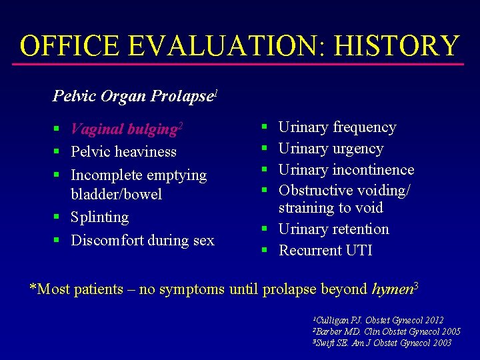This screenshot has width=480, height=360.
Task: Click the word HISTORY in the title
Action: pyautogui.click(x=397, y=46)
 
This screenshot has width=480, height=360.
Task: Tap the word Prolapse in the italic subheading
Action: pyautogui.click(x=181, y=96)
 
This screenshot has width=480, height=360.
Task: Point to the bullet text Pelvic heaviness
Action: pyautogui.click(x=123, y=151)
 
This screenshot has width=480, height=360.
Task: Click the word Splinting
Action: pyautogui.click(x=99, y=217)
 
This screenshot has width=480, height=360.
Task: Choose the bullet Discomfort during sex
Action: pyautogui.click(x=143, y=240)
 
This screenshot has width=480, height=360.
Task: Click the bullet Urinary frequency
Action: pyautogui.click(x=337, y=127)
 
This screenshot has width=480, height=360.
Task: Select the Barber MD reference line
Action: pyautogui.click(x=386, y=331)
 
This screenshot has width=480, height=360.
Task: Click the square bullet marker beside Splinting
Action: pyautogui.click(x=58, y=217)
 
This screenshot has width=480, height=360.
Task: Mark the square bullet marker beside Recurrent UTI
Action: pyautogui.click(x=264, y=251)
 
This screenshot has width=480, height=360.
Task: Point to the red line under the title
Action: pyautogui.click(x=240, y=65)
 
